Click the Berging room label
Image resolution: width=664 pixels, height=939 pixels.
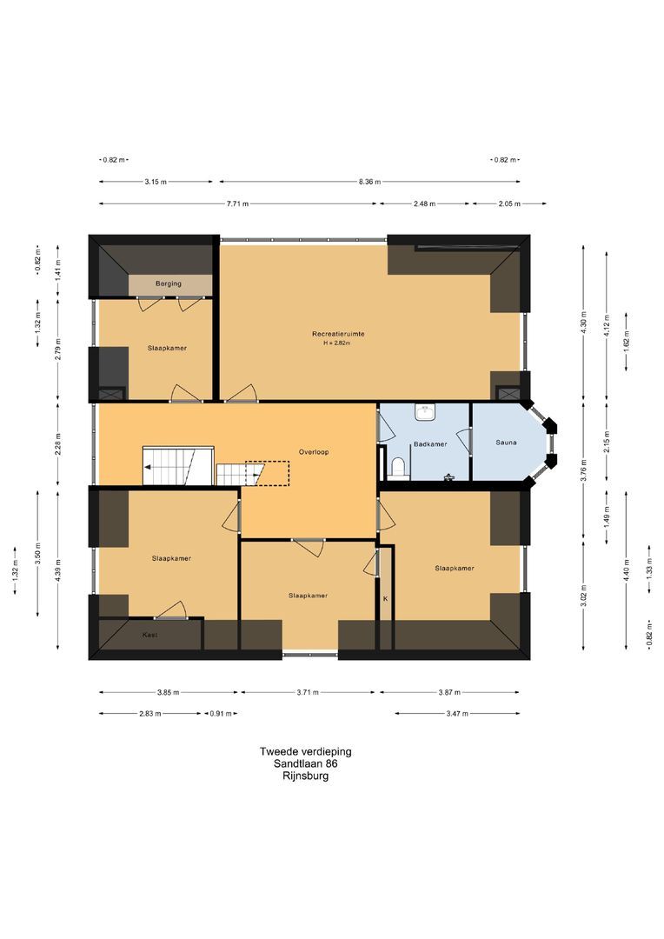point(169,283)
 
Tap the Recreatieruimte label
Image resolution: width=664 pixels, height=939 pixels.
point(338,334)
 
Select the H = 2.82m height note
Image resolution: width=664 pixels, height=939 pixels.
point(336,343)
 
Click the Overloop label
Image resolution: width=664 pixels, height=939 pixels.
point(314,452)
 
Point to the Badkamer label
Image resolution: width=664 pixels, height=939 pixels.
point(430,444)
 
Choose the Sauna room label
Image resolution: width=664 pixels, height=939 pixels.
point(506,443)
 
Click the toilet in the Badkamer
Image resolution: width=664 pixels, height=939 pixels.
point(398,467)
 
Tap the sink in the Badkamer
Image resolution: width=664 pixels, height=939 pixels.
point(425,411)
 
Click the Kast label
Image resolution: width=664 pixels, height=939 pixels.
point(150,635)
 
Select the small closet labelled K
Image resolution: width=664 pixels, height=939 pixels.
point(386,597)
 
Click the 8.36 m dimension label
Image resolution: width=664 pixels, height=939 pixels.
point(369,182)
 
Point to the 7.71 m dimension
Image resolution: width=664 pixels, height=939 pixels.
point(237,203)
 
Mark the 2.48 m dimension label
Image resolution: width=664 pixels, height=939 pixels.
point(424,203)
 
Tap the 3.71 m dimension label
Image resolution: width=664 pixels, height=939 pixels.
point(308,692)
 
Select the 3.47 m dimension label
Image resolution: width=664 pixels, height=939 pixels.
point(457,714)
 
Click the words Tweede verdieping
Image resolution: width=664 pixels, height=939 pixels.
point(305,751)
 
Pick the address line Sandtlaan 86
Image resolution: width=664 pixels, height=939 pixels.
point(305,763)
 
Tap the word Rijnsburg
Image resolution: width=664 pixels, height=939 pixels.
point(305,776)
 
